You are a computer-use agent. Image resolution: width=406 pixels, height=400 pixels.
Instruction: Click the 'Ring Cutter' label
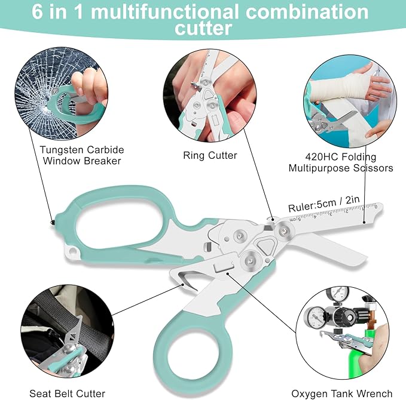pos(210,155)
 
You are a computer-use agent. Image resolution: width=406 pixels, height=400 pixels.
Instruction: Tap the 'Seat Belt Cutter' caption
pos(68,393)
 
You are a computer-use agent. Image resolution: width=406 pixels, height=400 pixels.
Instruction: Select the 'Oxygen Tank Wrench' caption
pos(342,394)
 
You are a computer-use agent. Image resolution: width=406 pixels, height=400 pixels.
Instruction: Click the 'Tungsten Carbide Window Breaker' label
pos(82,155)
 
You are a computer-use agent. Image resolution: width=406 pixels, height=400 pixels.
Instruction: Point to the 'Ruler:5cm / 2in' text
pos(324,204)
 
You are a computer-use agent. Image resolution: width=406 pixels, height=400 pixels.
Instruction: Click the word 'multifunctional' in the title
pos(164,11)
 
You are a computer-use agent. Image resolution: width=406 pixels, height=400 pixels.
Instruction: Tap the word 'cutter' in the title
pos(203,28)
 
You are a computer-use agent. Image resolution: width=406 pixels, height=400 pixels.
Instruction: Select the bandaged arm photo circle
pos(350,101)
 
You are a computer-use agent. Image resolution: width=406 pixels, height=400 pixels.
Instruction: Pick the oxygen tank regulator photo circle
pos(343,333)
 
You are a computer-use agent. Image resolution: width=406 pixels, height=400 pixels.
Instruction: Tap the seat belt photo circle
pos(68,331)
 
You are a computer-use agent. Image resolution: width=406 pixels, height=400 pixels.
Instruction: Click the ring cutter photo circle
pos(210,95)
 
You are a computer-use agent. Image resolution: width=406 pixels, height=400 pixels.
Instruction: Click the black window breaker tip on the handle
pos(53,222)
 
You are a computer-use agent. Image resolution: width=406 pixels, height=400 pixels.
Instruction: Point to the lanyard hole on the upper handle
pos(72,250)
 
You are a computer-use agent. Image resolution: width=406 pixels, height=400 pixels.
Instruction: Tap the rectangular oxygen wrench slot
pos(223,267)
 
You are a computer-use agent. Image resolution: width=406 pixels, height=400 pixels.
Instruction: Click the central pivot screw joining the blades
pos(284,230)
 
